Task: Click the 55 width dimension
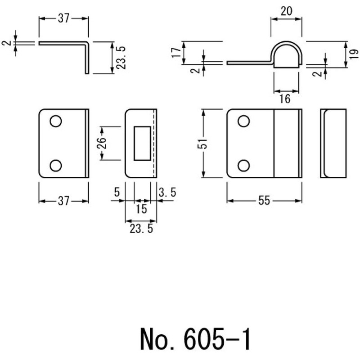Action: [x=264, y=201]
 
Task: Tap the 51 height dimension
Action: [x=203, y=144]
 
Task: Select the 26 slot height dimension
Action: [x=102, y=143]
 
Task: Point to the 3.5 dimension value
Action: [x=167, y=192]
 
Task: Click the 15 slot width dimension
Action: [x=141, y=209]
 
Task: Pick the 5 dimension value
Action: [x=117, y=192]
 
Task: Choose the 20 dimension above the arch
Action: [x=286, y=11]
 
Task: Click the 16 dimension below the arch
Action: [x=285, y=99]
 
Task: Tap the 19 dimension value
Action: [x=354, y=54]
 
